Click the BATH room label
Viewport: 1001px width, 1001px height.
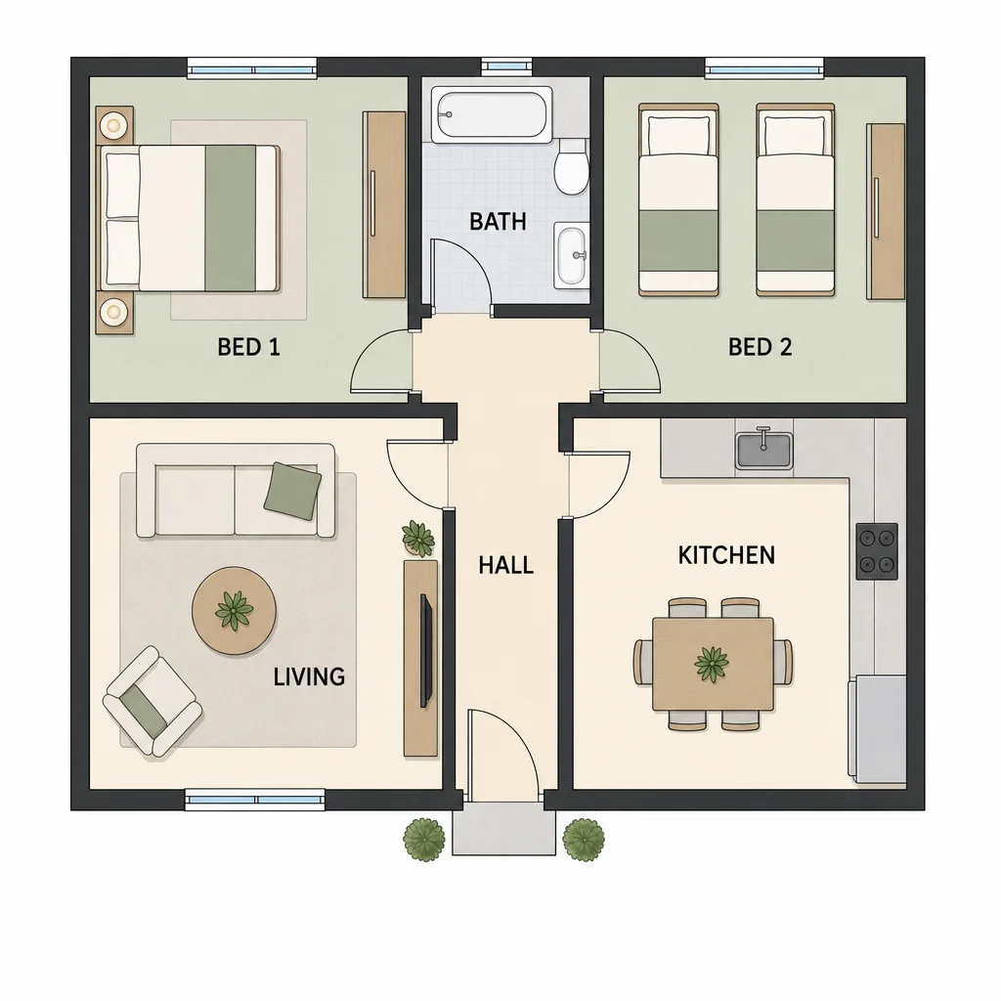pos(498,222)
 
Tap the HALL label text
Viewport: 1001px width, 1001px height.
pos(505,565)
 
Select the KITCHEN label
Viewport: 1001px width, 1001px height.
pos(726,555)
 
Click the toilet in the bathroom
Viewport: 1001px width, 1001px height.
pos(571,167)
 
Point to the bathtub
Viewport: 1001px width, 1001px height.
pos(492,115)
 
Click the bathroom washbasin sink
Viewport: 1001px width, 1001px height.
pos(571,255)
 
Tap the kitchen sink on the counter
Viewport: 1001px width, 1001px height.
pos(763,450)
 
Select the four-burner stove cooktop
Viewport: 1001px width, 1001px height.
pos(877,551)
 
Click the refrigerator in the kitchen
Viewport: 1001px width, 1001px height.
pos(877,729)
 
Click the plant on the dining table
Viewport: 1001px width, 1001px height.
pos(712,664)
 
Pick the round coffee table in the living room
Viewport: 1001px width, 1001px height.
pos(235,611)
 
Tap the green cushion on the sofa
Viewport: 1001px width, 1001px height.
pos(292,491)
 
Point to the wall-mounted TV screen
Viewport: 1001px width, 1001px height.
pos(426,650)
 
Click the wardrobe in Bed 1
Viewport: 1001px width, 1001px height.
pos(384,204)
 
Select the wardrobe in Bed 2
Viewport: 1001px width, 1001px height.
pos(886,211)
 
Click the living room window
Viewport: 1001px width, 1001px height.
pos(255,800)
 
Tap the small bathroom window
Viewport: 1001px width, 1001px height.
pos(506,65)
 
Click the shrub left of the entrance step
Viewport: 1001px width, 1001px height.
pos(424,840)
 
